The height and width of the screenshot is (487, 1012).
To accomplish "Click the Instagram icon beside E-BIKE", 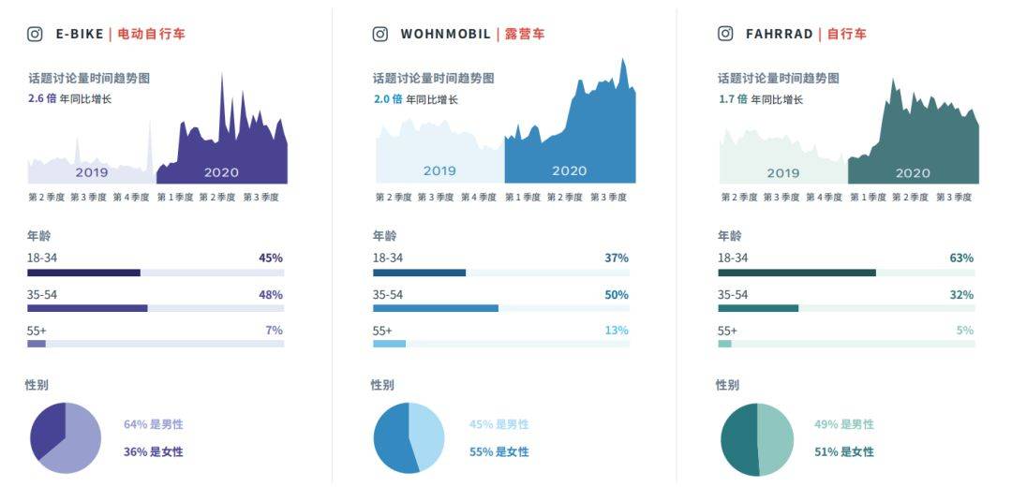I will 35,34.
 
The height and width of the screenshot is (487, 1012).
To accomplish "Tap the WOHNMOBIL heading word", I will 445,34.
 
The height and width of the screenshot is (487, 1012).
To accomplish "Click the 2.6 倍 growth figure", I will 42,98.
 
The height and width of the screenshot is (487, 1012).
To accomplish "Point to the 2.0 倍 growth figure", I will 388,98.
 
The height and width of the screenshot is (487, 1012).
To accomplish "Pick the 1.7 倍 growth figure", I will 733,98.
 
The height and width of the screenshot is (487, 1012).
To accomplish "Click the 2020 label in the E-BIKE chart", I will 221,172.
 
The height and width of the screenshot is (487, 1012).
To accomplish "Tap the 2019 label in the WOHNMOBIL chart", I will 439,171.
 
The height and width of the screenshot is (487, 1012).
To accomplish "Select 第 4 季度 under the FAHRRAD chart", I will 825,198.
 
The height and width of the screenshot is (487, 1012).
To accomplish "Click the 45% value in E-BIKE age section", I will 271,258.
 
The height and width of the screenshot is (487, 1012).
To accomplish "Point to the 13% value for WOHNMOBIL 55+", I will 617,331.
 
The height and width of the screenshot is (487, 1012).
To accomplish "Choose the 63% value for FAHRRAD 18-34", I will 961,258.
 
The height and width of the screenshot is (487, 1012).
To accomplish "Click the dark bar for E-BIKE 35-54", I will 87,308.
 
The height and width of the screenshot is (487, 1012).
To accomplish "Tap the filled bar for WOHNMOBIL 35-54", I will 435,308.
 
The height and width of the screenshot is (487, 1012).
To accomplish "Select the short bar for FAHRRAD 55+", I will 724,344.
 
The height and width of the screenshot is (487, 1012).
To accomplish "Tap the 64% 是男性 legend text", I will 154,424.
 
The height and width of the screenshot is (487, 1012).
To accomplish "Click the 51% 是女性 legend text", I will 844,451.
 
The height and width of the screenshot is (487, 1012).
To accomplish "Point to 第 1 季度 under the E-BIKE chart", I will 174,198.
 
